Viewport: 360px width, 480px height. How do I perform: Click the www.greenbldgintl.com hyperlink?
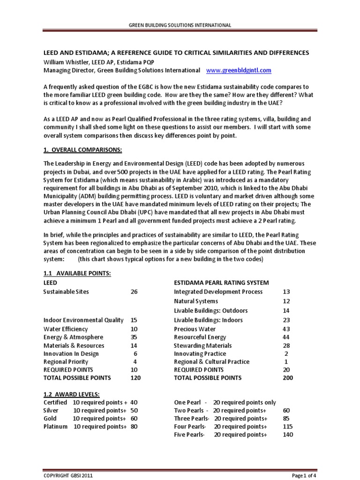[x=239, y=70]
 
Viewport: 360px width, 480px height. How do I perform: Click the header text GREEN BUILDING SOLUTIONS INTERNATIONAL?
[x=180, y=25]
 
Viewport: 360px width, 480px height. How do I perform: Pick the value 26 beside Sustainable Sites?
[x=134, y=292]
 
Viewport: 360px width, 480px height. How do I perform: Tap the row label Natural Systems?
[x=196, y=301]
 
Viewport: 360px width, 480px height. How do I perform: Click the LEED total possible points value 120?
[x=135, y=378]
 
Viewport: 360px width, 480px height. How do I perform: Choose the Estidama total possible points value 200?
[x=287, y=378]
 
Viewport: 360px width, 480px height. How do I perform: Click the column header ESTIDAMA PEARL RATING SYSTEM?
[x=221, y=283]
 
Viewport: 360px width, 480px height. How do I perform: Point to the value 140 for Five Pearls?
[x=288, y=435]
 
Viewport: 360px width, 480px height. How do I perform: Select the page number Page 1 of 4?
[x=304, y=475]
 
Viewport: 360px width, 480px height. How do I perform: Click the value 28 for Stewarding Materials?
[x=287, y=345]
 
